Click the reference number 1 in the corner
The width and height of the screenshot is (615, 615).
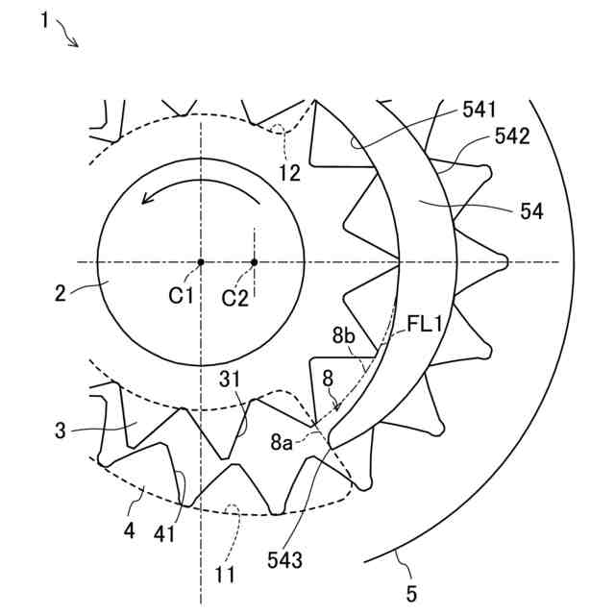tap(45, 19)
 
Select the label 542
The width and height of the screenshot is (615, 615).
tap(511, 137)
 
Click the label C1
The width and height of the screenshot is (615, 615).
tap(182, 297)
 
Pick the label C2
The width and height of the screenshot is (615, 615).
tap(235, 298)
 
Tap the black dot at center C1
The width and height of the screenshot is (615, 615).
tap(201, 261)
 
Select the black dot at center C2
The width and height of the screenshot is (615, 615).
tap(255, 261)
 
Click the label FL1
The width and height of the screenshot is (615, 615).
tap(424, 325)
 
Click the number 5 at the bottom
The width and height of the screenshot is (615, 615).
tap(411, 594)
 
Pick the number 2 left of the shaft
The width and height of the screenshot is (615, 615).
tap(60, 291)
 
